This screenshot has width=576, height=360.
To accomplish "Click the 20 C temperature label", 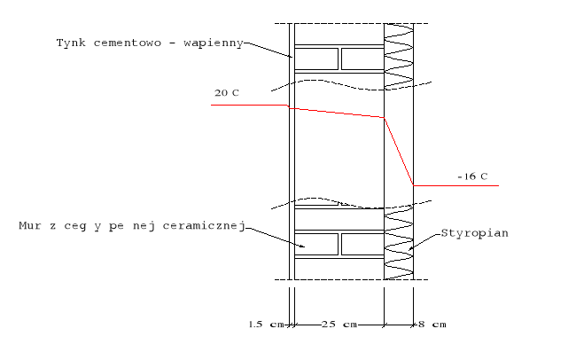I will pyautogui.click(x=226, y=92).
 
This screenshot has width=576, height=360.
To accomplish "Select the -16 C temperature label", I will pyautogui.click(x=472, y=176).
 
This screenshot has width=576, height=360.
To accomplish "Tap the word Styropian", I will pyautogui.click(x=471, y=234).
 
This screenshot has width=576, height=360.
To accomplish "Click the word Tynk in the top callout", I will pyautogui.click(x=70, y=42).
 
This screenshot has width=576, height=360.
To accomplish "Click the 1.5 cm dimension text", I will pyautogui.click(x=264, y=325).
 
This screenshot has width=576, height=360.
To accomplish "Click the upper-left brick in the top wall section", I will pyautogui.click(x=316, y=59).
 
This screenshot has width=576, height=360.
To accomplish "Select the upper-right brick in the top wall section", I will pyautogui.click(x=362, y=59).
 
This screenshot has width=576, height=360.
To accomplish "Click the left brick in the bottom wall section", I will pyautogui.click(x=316, y=245).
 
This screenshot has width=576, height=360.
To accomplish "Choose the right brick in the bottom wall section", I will pyautogui.click(x=362, y=245).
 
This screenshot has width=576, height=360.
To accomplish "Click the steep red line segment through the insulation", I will pyautogui.click(x=399, y=152).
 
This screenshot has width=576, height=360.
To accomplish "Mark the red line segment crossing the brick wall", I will pyautogui.click(x=337, y=112).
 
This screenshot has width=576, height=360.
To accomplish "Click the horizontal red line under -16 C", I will pyautogui.click(x=455, y=185).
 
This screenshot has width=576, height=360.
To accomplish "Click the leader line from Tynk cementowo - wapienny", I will pyautogui.click(x=269, y=48).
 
